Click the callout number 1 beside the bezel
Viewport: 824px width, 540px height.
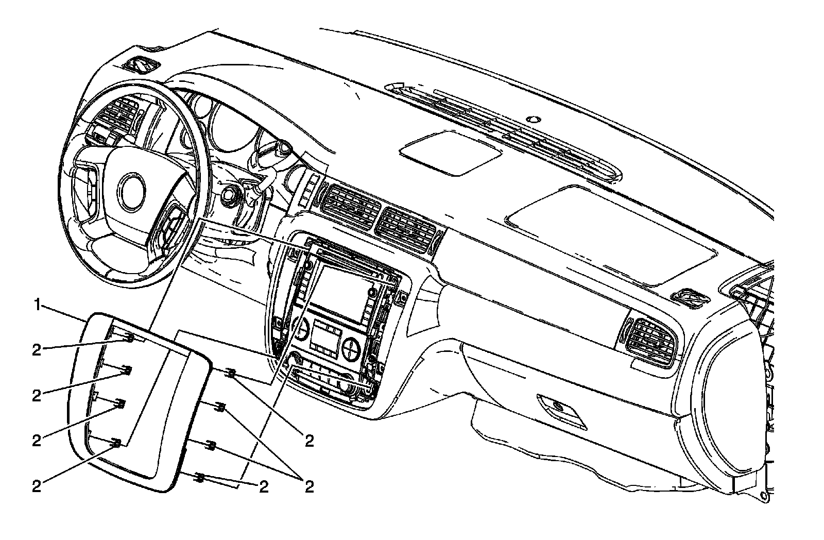(x=37, y=305)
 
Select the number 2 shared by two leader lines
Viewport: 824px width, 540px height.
(x=309, y=486)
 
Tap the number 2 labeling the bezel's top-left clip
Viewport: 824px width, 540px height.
(x=36, y=350)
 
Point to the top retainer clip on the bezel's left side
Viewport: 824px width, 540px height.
(x=129, y=338)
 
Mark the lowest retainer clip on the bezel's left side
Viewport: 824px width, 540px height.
(x=117, y=443)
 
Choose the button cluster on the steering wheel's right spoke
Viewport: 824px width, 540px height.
(x=170, y=227)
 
